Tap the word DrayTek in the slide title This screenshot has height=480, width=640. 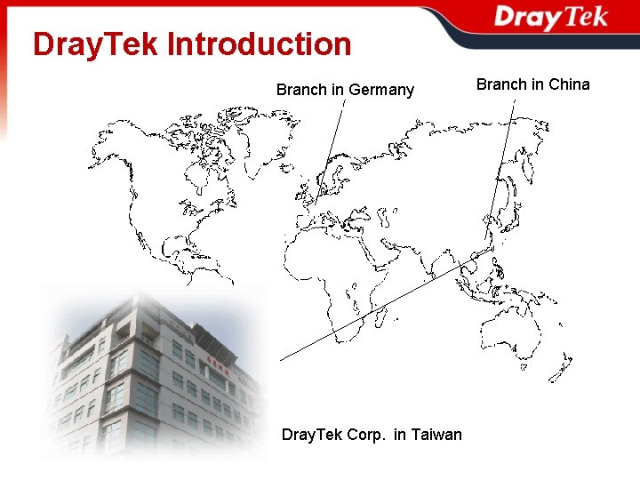(x=95, y=44)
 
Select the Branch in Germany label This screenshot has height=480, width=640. (x=345, y=90)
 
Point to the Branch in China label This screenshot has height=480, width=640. (x=532, y=84)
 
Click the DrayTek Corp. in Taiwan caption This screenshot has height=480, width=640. (x=372, y=435)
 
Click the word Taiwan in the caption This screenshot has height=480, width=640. (x=436, y=435)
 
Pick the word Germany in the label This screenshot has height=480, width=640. (x=381, y=90)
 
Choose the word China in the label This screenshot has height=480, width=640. (x=569, y=84)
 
